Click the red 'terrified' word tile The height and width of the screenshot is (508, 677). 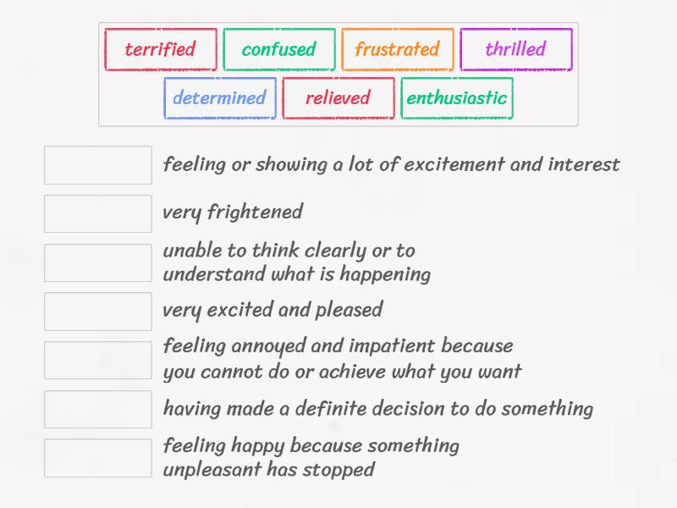point(161,49)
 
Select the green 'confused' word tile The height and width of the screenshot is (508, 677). point(279,49)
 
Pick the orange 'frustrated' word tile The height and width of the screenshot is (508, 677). point(398,49)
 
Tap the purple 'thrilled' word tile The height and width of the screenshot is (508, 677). point(516,49)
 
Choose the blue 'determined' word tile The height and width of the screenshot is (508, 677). point(220,98)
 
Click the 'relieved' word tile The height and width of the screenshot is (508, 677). point(338,98)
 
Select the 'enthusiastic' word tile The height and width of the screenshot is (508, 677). point(457,98)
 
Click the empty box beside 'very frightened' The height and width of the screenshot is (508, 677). point(98,213)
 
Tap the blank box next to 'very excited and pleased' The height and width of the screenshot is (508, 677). point(98,312)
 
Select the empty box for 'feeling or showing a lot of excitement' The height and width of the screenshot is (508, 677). point(98,165)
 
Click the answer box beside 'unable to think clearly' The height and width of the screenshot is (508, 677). point(98,262)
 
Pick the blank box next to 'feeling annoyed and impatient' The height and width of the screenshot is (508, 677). point(98,360)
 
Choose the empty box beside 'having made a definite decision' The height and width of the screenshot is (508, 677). point(98,409)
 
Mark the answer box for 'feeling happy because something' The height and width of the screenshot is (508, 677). point(98,458)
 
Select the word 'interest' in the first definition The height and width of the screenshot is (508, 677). point(584,164)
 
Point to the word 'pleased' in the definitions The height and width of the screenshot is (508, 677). point(349,311)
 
